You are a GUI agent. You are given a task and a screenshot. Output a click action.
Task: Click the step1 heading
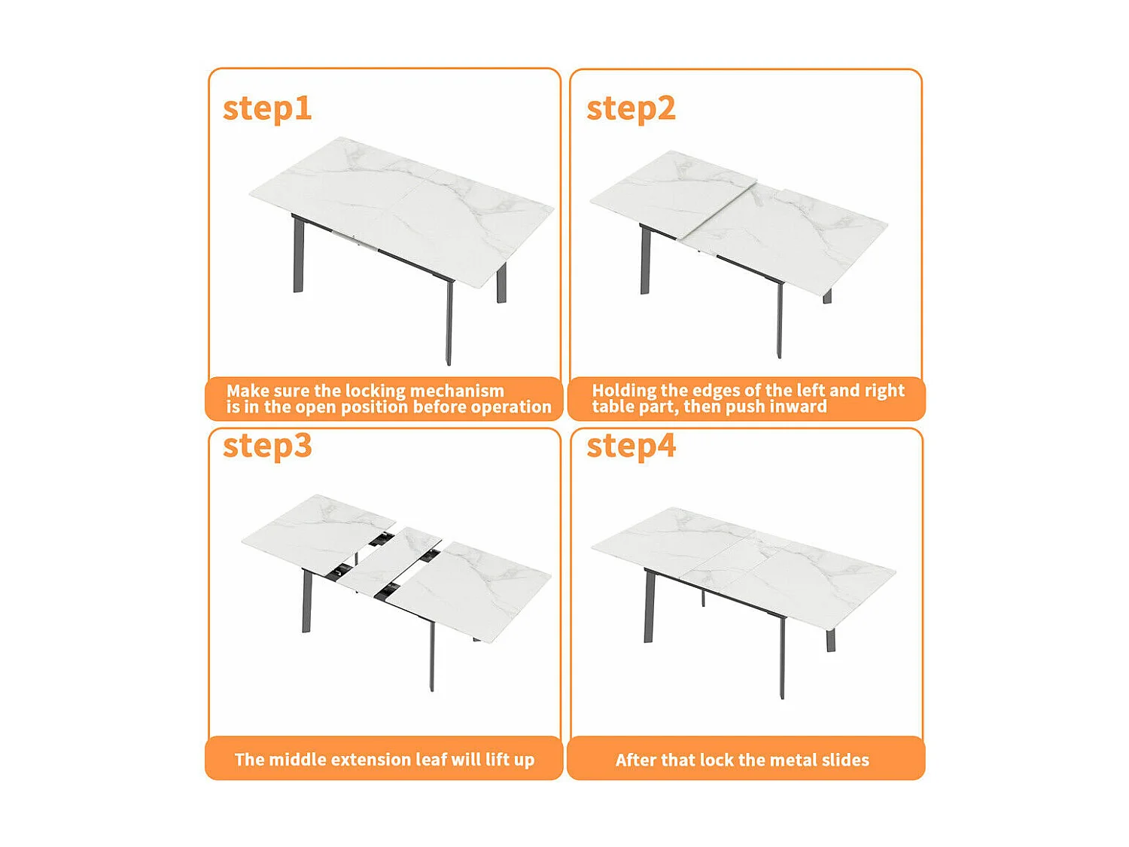[x=267, y=109]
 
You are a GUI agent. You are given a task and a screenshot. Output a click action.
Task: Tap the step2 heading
[x=631, y=109]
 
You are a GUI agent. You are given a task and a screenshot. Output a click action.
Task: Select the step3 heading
[x=267, y=446]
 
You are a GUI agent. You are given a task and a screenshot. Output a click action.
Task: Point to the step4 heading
[x=631, y=446]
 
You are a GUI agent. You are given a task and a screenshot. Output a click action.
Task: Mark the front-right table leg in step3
[x=432, y=655]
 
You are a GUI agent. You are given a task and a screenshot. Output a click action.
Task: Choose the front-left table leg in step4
[x=649, y=607]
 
